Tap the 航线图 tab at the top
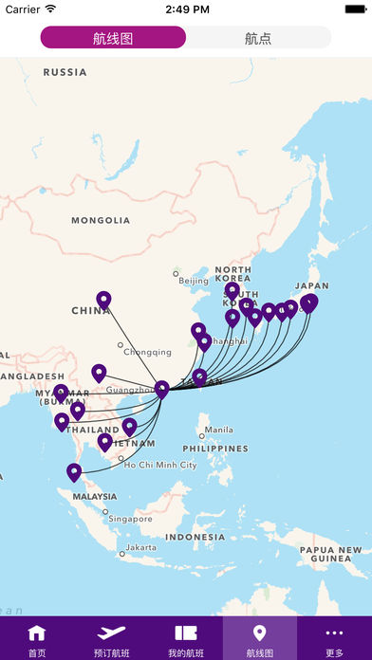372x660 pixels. tap(113, 38)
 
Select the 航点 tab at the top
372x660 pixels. tap(258, 38)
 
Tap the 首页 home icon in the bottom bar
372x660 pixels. tap(37, 639)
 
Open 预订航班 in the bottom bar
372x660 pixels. tap(111, 639)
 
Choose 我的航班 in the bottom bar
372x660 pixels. tap(186, 639)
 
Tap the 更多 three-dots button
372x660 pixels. tap(334, 639)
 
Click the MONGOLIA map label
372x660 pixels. tap(101, 220)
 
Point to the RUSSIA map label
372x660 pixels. tap(65, 72)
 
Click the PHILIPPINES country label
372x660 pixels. tap(214, 448)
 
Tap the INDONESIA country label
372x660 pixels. tap(195, 537)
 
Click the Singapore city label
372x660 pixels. tap(129, 519)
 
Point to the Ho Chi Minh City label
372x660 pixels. tap(159, 466)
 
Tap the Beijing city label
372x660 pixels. tap(194, 281)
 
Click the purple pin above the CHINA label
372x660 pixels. tap(104, 301)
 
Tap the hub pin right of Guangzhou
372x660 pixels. tap(162, 389)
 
